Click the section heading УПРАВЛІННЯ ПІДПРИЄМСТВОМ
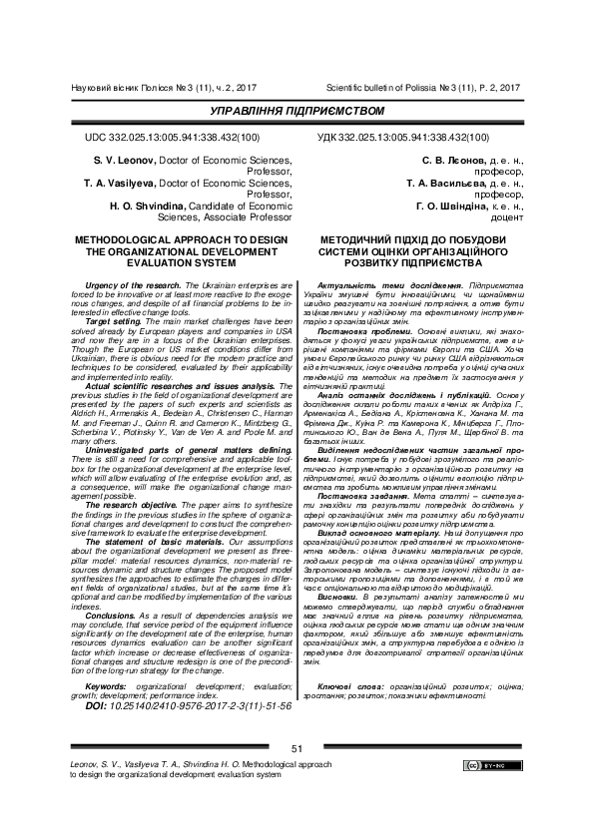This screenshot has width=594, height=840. tap(297, 111)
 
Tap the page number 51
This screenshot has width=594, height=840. tap(297, 748)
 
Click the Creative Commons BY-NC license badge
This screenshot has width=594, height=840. tap(489, 765)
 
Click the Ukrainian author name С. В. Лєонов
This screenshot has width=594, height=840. tap(450, 160)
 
